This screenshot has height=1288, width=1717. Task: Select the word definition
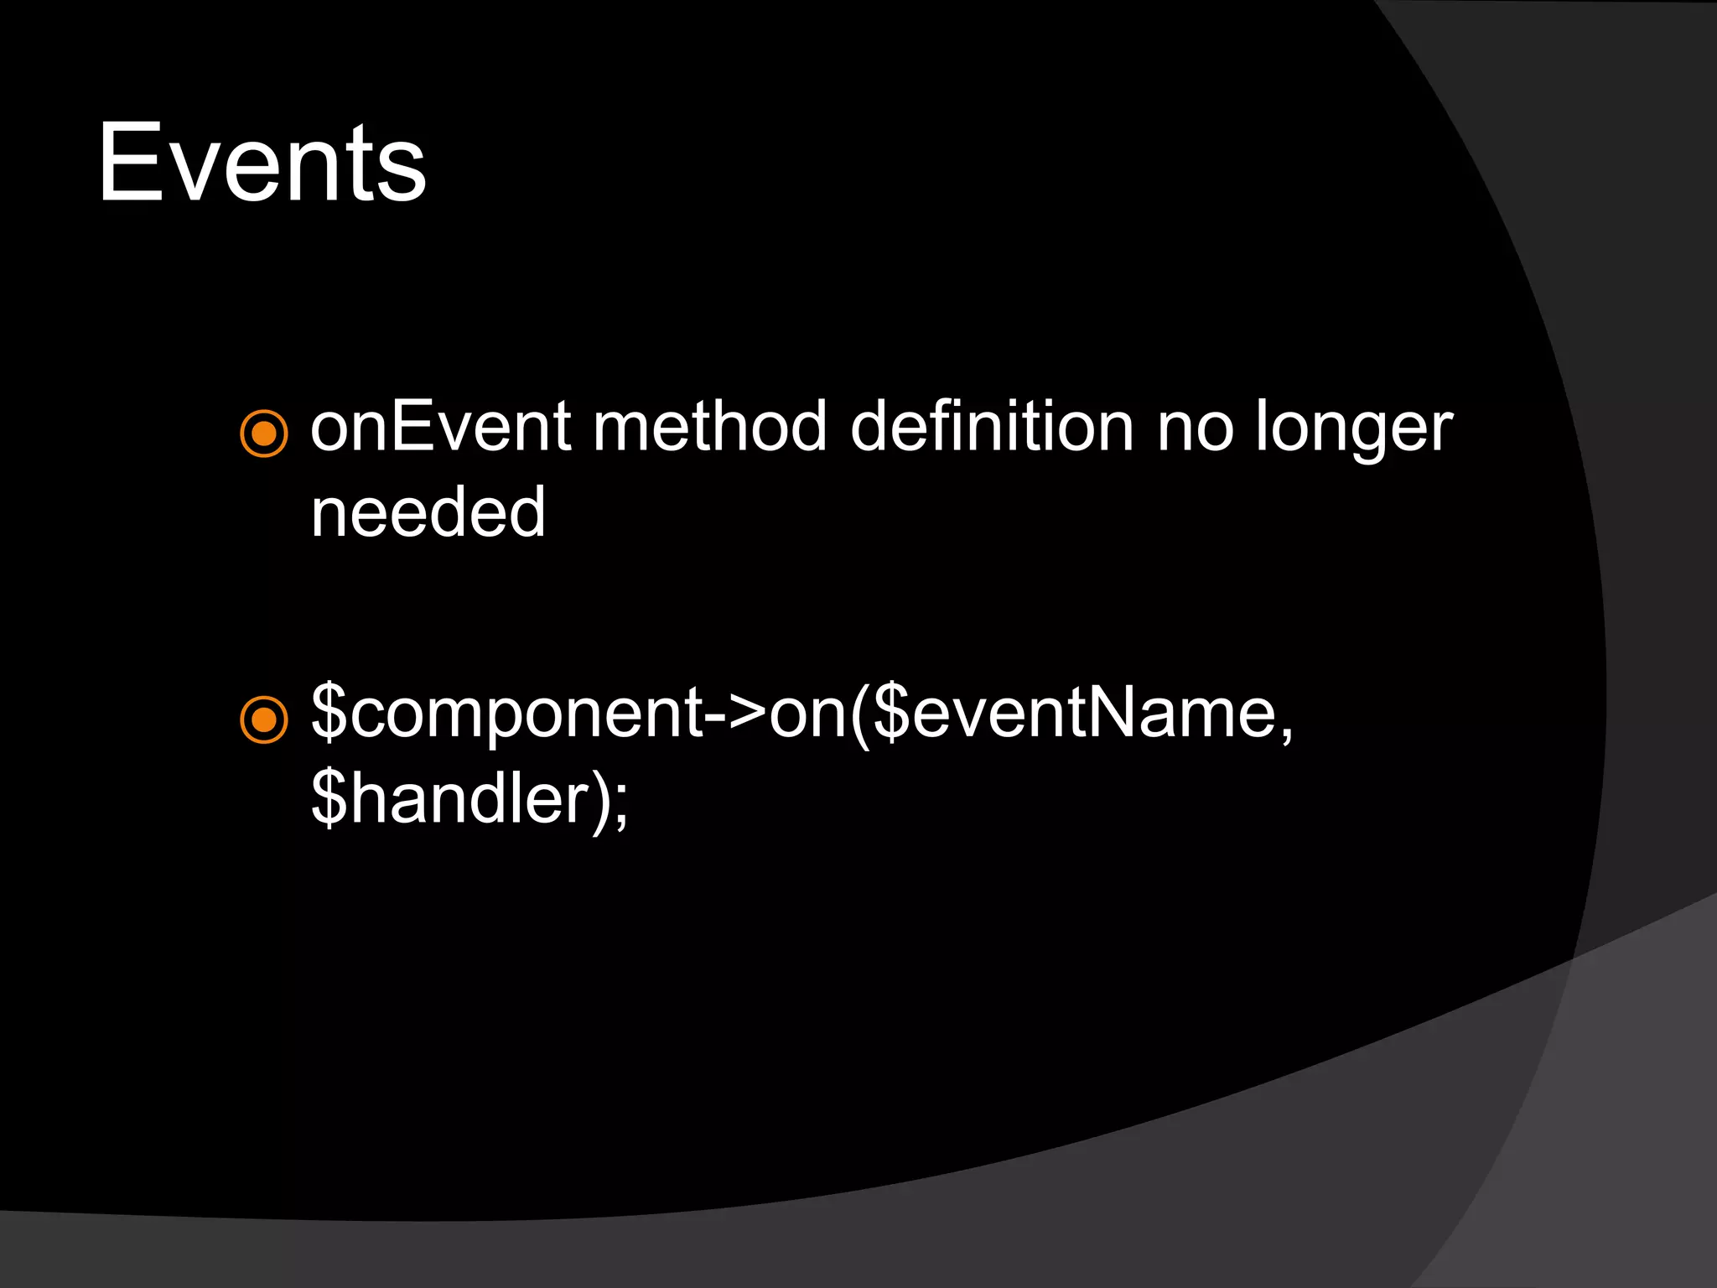[x=992, y=427]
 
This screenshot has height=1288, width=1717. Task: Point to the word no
[x=1196, y=427]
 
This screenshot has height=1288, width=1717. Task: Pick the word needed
[x=428, y=512]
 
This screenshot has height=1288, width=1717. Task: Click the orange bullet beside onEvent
[x=264, y=434]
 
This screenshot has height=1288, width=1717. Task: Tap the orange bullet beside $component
[x=264, y=719]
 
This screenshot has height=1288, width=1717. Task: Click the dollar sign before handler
[x=329, y=798]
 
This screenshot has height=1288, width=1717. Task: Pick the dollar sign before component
[x=329, y=713]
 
